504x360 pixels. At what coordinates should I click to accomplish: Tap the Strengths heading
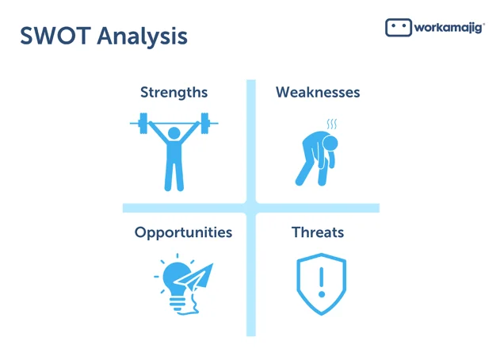pyautogui.click(x=174, y=92)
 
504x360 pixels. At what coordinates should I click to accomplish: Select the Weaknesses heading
pyautogui.click(x=318, y=92)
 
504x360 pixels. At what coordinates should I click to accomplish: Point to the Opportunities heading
pyautogui.click(x=183, y=233)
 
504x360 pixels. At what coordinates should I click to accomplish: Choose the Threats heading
pyautogui.click(x=318, y=232)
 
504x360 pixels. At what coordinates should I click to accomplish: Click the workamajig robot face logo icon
pyautogui.click(x=399, y=27)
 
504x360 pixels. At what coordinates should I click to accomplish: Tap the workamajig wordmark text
pyautogui.click(x=449, y=28)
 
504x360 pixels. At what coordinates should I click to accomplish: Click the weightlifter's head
pyautogui.click(x=174, y=133)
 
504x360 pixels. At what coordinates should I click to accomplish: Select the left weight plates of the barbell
pyautogui.click(x=143, y=123)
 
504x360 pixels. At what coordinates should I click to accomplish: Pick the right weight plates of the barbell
pyautogui.click(x=204, y=123)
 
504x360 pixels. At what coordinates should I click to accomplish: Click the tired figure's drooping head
pyautogui.click(x=330, y=143)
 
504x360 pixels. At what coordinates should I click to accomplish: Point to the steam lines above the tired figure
pyautogui.click(x=332, y=124)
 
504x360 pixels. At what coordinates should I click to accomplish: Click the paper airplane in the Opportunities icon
pyautogui.click(x=194, y=278)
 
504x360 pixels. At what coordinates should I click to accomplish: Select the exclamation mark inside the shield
pyautogui.click(x=322, y=282)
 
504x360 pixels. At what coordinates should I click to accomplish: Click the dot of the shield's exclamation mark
pyautogui.click(x=322, y=294)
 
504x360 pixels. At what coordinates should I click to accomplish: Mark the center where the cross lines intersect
pyautogui.click(x=251, y=208)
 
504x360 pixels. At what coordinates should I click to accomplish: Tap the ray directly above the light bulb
pyautogui.click(x=177, y=256)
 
